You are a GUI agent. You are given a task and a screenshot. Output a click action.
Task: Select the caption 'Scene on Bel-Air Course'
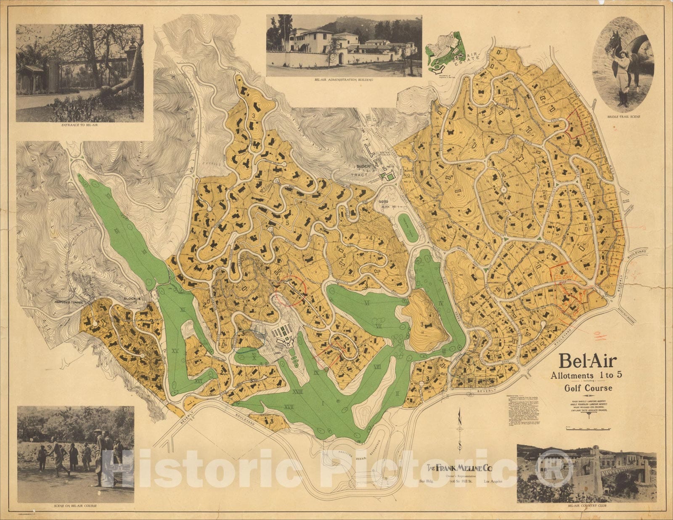click(x=76, y=505)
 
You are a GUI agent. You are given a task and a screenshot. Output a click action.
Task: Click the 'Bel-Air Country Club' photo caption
click(x=586, y=507)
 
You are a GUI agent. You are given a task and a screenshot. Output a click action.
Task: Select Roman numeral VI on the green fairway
click(x=367, y=302)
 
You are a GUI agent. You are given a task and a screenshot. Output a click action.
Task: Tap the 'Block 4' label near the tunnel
click(x=132, y=299)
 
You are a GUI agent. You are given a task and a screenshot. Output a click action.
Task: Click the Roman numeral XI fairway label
click(x=183, y=310)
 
